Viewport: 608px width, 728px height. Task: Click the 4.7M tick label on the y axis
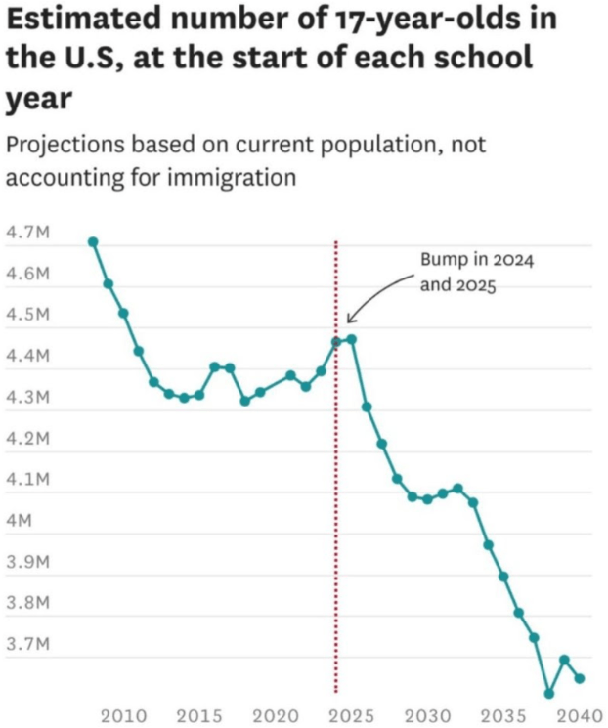click(27, 233)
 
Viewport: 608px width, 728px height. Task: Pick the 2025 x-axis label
click(350, 715)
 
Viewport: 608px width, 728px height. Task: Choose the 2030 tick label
click(426, 715)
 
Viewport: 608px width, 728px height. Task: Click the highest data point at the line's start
click(93, 241)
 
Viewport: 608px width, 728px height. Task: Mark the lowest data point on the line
click(549, 694)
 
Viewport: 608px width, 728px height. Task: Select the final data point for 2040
click(580, 678)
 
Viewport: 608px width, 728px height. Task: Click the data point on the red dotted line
click(336, 341)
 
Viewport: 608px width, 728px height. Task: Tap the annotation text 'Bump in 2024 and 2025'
click(476, 274)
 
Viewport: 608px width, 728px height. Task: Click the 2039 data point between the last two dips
click(564, 660)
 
